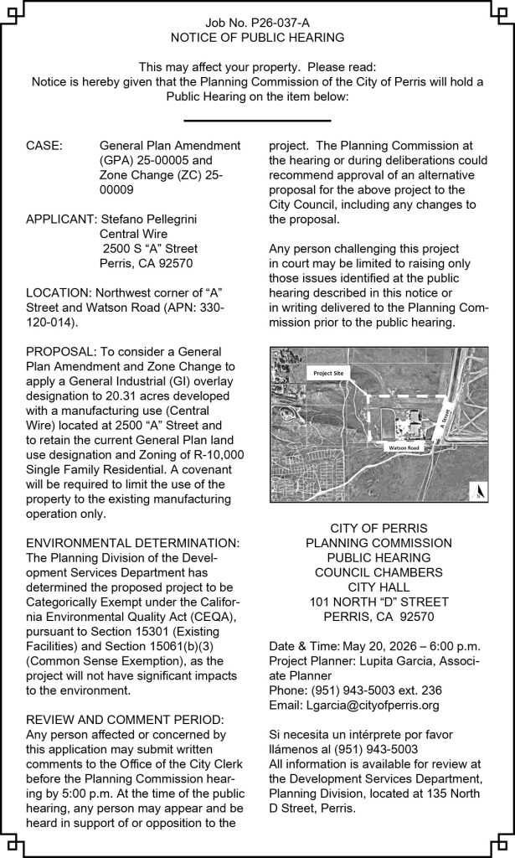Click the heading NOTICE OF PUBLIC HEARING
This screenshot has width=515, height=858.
click(x=257, y=39)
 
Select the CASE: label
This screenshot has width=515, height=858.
click(x=44, y=145)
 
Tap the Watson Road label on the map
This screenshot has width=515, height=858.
click(x=402, y=448)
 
